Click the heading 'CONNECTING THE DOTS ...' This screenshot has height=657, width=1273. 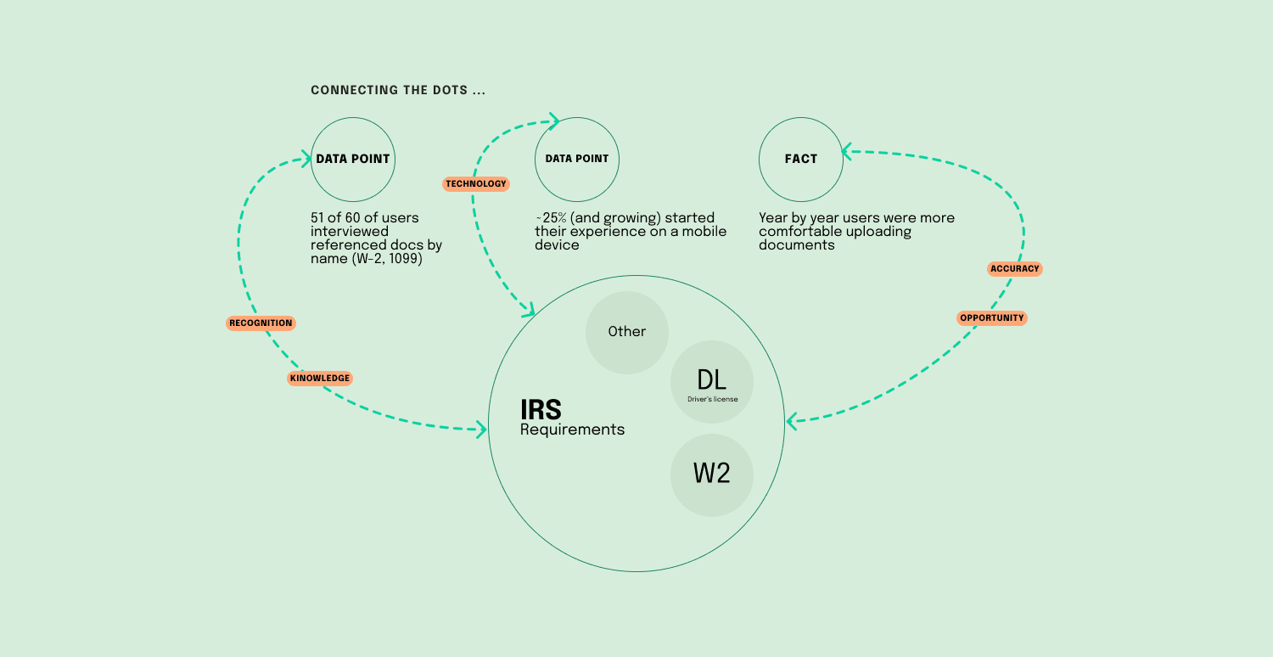pyautogui.click(x=398, y=90)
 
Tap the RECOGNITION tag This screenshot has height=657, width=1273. pyautogui.click(x=261, y=323)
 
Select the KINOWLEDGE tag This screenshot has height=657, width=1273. pyautogui.click(x=320, y=379)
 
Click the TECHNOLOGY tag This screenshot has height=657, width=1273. pyautogui.click(x=475, y=184)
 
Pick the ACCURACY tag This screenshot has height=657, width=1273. pyautogui.click(x=1014, y=269)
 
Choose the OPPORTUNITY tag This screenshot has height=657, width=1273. pyautogui.click(x=992, y=318)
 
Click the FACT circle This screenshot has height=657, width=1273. pyautogui.click(x=800, y=159)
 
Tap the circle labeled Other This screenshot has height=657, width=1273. pyautogui.click(x=627, y=332)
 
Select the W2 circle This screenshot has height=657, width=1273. pyautogui.click(x=711, y=474)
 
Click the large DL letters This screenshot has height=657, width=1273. pyautogui.click(x=711, y=379)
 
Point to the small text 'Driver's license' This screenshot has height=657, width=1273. pyautogui.click(x=712, y=400)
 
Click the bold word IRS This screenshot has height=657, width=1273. pyautogui.click(x=541, y=410)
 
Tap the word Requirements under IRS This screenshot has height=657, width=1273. pyautogui.click(x=572, y=430)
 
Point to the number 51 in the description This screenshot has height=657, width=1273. pyautogui.click(x=319, y=218)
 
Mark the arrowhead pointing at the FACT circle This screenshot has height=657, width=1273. pyautogui.click(x=846, y=153)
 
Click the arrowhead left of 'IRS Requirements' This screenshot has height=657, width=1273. pyautogui.click(x=481, y=429)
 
